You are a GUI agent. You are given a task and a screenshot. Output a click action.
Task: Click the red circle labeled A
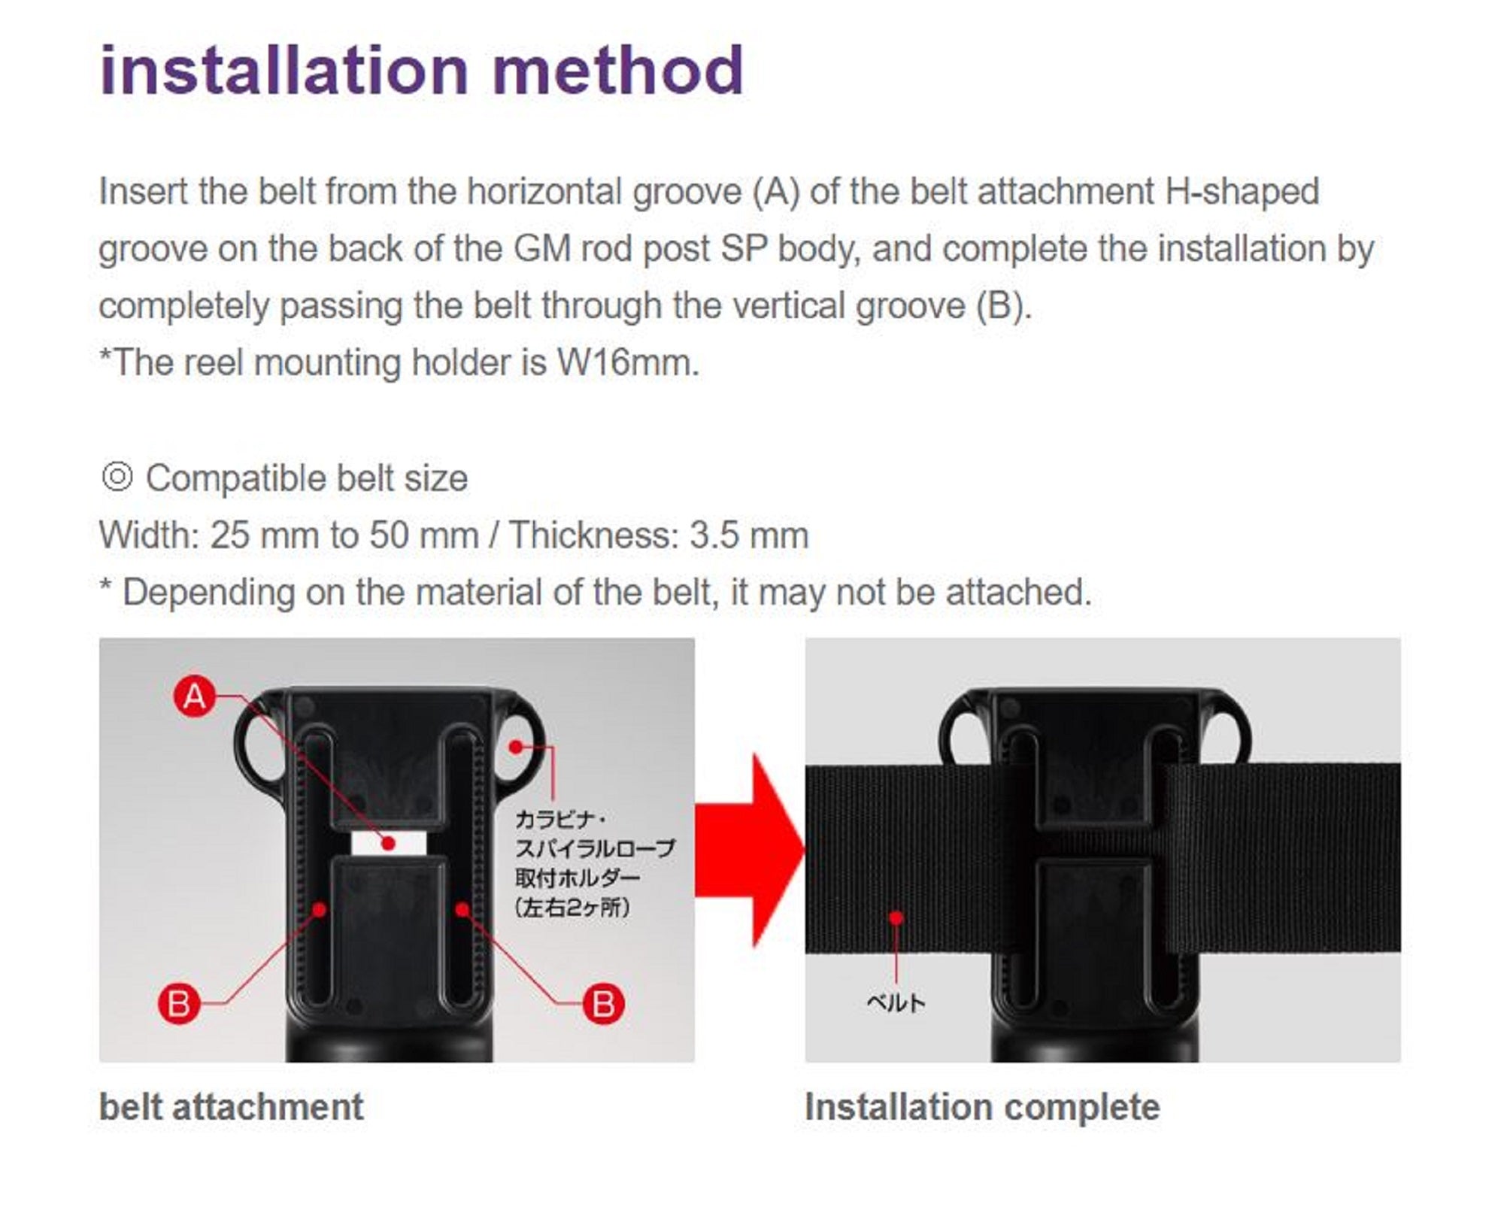point(195,696)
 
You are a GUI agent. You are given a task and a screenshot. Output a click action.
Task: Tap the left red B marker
point(179,1004)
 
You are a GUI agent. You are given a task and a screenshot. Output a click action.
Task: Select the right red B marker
point(604,1004)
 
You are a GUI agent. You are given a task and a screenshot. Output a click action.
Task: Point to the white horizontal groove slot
point(389,843)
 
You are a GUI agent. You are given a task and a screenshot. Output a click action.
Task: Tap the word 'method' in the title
point(618,71)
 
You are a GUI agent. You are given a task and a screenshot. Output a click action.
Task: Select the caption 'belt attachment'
point(231,1107)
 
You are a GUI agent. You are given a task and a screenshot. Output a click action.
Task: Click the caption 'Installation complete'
point(982,1107)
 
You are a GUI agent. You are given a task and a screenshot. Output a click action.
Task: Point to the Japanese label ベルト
point(896,1002)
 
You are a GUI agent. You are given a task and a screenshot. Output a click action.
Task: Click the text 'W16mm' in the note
point(627,362)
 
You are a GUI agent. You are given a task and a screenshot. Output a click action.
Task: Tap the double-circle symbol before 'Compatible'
point(117,477)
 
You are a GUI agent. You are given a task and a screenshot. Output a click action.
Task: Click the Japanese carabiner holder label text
point(594,863)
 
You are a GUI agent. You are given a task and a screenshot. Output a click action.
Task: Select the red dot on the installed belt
point(896,918)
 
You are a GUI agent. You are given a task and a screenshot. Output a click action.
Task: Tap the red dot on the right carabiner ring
point(516,747)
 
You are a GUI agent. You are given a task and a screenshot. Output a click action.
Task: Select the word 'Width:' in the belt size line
point(149,535)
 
